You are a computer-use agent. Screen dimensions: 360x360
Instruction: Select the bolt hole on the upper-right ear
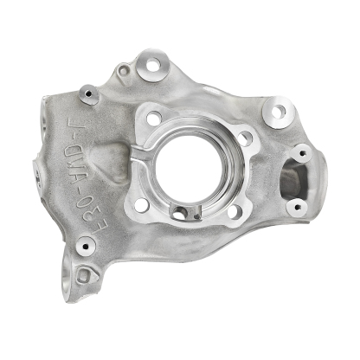tap(277, 112)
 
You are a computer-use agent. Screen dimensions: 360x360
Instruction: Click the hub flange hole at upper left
tap(154, 118)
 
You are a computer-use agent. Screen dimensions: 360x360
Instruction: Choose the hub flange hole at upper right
tap(245, 137)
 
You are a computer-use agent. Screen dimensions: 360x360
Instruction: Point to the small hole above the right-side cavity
tap(301, 154)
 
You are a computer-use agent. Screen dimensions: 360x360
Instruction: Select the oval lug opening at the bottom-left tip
tap(84, 277)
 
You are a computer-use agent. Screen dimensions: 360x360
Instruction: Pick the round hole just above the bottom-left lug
tap(85, 246)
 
